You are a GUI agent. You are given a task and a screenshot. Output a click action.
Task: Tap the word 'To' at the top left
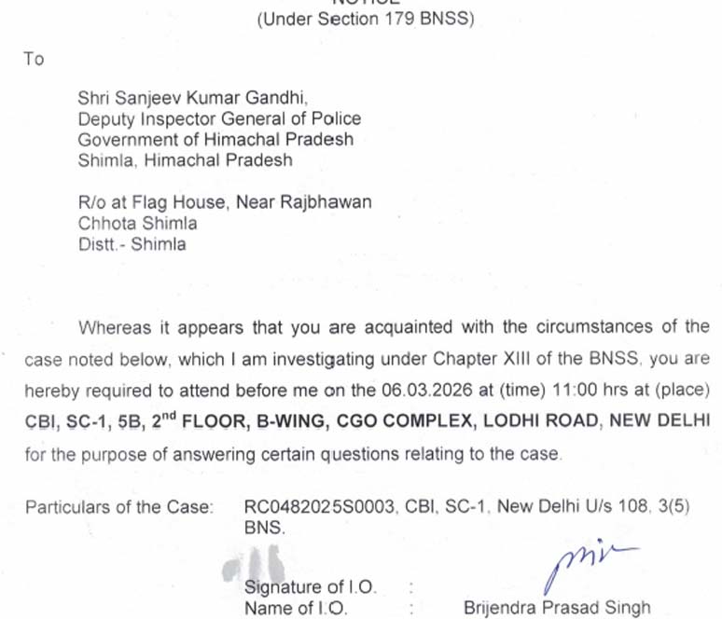(34, 59)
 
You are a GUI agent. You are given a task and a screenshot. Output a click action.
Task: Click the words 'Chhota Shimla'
(137, 223)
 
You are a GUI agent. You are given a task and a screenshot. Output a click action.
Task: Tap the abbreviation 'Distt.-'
(102, 244)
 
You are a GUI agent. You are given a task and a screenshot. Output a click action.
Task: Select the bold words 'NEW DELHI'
(660, 420)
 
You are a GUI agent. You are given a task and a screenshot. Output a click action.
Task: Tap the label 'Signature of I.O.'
(310, 587)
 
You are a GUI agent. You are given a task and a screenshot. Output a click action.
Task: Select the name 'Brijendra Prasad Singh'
(557, 608)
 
